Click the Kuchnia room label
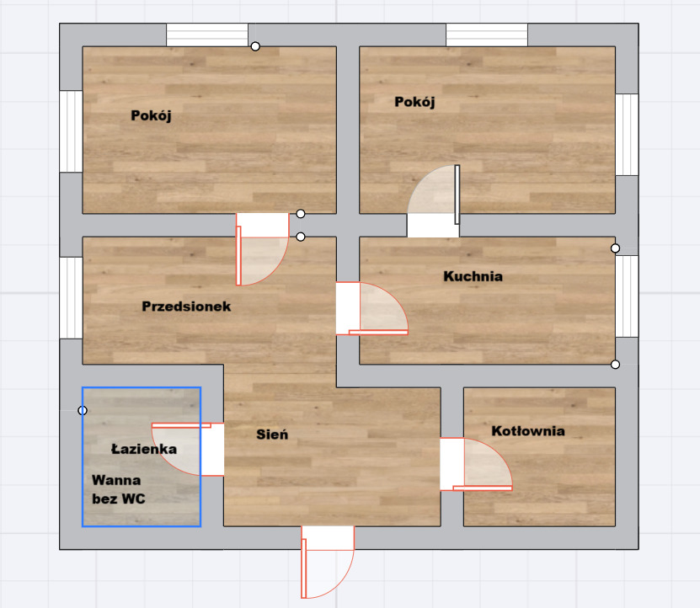[473, 276]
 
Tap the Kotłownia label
[528, 431]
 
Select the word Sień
[272, 434]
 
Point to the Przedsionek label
[186, 307]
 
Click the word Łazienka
[144, 448]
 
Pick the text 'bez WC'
[119, 499]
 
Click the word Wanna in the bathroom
[116, 480]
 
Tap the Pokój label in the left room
[151, 115]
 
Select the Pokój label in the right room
[414, 102]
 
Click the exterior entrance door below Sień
[328, 562]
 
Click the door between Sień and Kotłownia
[476, 464]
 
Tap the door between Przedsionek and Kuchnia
[371, 308]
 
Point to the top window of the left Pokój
[207, 35]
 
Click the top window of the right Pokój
[487, 35]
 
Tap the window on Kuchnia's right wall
[627, 296]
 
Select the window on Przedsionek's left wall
[71, 298]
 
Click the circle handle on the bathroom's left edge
[83, 410]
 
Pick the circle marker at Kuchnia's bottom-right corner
[615, 365]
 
